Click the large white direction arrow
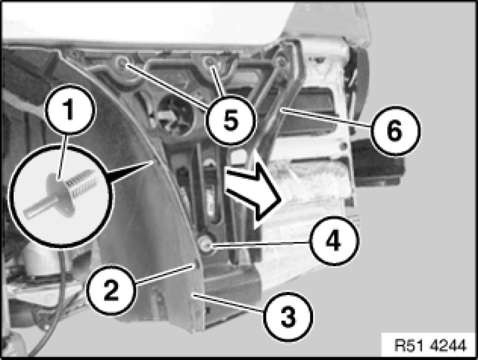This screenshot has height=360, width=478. [253, 191]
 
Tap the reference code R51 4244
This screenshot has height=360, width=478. [430, 346]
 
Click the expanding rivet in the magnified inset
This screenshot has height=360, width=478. [61, 195]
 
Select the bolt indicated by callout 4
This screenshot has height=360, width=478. [204, 243]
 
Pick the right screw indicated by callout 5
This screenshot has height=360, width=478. [210, 62]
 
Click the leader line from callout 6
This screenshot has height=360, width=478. [326, 117]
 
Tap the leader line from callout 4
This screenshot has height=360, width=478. [261, 244]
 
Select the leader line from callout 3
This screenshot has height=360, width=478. [229, 303]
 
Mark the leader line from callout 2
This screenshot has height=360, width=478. [164, 275]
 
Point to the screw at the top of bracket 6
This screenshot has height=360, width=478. [281, 62]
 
